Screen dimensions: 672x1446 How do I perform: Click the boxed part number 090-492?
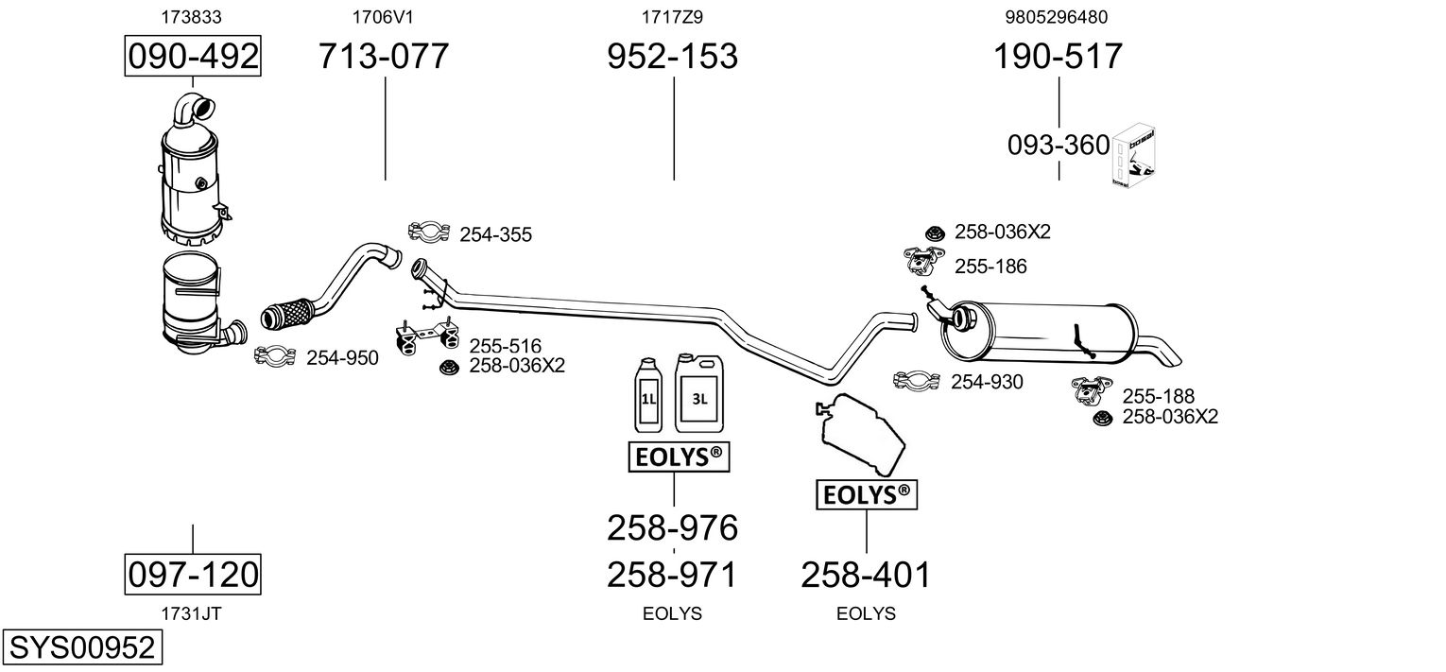point(193,57)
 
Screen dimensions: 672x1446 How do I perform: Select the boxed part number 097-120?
point(193,574)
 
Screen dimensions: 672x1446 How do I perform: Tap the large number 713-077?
point(383,57)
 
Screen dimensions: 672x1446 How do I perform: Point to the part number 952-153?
point(672,57)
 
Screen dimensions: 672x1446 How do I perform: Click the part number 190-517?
point(1058,57)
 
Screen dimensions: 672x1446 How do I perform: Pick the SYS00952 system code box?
point(81,647)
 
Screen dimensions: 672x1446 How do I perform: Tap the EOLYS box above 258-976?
point(680,457)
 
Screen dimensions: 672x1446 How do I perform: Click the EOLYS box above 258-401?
point(867,493)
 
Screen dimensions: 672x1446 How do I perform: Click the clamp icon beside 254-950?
point(276,356)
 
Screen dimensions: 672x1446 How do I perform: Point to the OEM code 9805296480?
point(1058,17)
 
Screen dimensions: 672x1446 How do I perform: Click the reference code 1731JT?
point(192,612)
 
